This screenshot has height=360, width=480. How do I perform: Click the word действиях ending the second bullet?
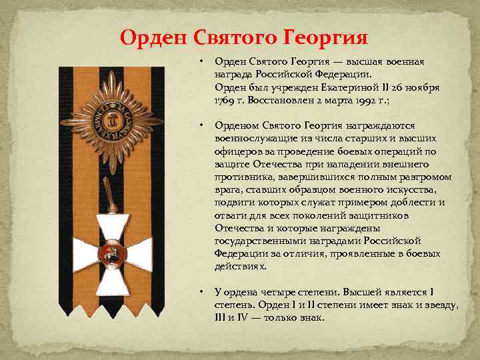pyautogui.click(x=239, y=265)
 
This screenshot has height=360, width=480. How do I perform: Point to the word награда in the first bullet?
pyautogui.click(x=233, y=74)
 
